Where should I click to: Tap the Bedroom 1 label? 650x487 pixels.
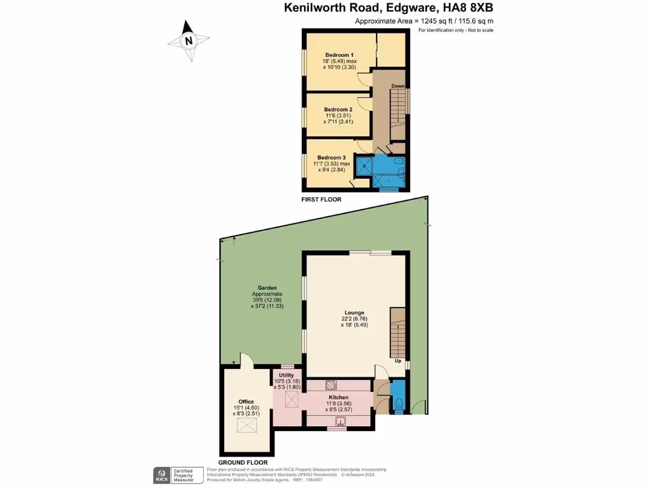coord(339,55)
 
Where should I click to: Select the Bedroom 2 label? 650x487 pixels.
coord(338,110)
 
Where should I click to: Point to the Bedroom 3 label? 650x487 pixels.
coord(331,157)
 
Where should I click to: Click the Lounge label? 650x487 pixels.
coord(354,313)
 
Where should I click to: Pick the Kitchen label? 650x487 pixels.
coord(338,397)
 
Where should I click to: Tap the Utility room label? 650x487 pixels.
coord(286,375)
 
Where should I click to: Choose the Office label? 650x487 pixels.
coord(246,401)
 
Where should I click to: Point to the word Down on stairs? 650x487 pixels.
coord(398,86)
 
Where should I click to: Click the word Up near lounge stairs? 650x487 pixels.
coord(398,361)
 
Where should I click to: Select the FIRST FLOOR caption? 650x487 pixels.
coord(321,199)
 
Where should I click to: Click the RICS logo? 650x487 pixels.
coord(161,474)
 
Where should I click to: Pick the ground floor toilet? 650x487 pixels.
coord(399,403)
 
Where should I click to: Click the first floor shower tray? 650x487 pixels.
coord(365,166)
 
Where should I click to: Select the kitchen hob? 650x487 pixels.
coord(331,384)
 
